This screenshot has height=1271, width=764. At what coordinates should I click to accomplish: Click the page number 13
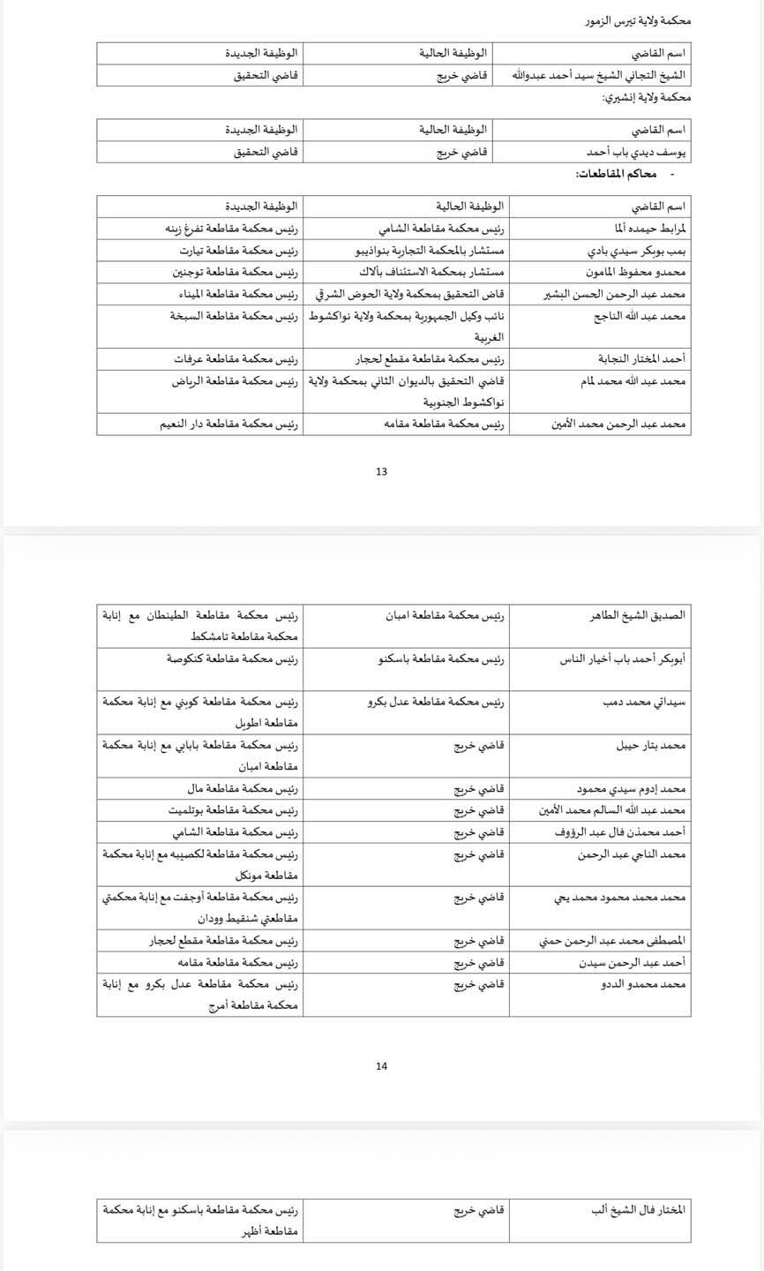coord(381,471)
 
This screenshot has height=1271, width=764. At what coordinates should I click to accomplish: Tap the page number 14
coord(381,1066)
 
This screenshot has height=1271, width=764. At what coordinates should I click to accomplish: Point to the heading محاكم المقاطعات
coord(618,174)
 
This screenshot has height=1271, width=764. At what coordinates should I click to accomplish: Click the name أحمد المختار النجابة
coord(642,359)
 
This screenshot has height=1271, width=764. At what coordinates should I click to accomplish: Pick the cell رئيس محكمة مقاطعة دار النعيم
coord(229,425)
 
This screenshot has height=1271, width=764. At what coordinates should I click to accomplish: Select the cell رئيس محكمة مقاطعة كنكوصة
coord(233,658)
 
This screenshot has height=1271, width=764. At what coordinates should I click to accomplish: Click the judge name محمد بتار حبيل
coord(651,745)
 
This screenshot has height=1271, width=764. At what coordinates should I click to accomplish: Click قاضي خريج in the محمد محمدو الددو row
coord(479,983)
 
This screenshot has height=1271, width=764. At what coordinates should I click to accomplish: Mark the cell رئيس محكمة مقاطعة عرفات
coord(236,359)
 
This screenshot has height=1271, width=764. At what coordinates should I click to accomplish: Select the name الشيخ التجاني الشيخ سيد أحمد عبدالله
coord(600,75)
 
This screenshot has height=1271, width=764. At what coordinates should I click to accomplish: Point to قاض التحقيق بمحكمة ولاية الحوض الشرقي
coord(410,294)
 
